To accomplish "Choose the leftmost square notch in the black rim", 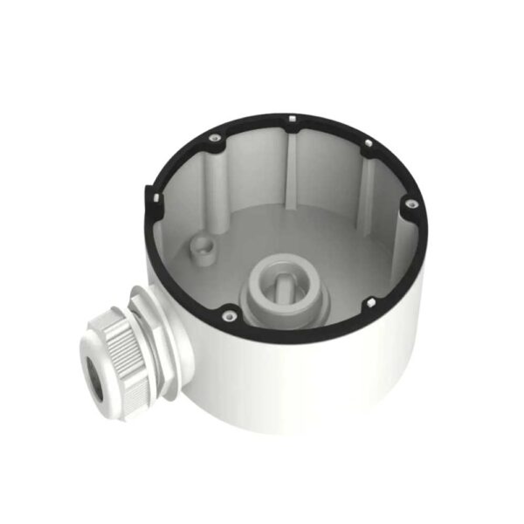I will [154, 199].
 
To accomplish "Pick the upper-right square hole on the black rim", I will [370, 141].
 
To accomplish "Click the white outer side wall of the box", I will [288, 384].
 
